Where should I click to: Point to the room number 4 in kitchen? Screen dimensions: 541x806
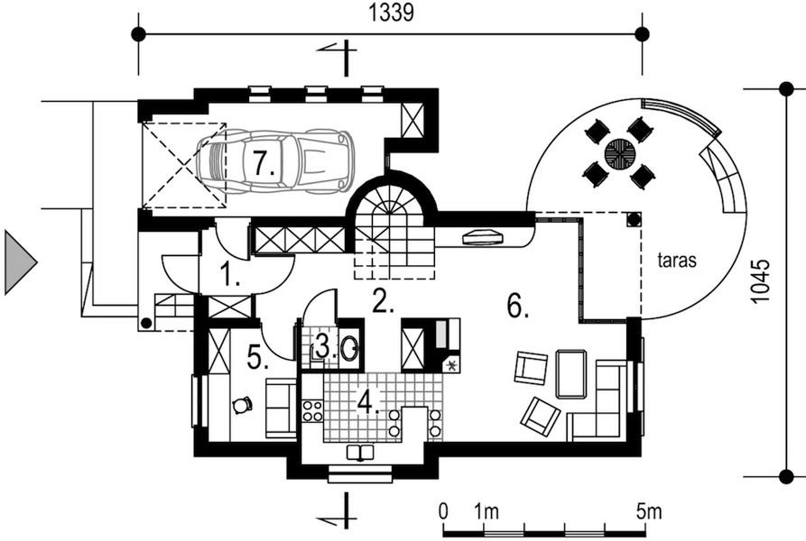[367, 400]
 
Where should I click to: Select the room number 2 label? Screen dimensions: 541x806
[384, 302]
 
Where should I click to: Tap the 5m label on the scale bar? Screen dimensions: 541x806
[648, 511]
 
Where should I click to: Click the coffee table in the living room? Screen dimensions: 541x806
[570, 374]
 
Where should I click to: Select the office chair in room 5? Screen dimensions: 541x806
[241, 406]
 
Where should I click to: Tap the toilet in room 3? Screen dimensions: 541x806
[350, 345]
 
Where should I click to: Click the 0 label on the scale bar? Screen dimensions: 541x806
[443, 511]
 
